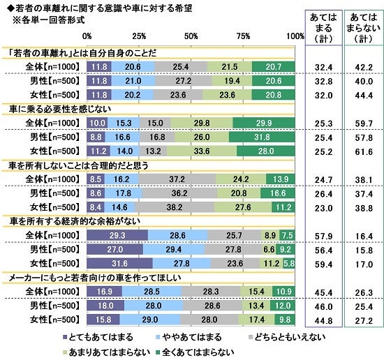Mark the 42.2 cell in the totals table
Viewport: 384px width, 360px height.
tap(361, 67)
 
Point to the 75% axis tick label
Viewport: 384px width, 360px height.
tap(244, 35)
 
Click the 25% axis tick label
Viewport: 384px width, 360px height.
tap(138, 35)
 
